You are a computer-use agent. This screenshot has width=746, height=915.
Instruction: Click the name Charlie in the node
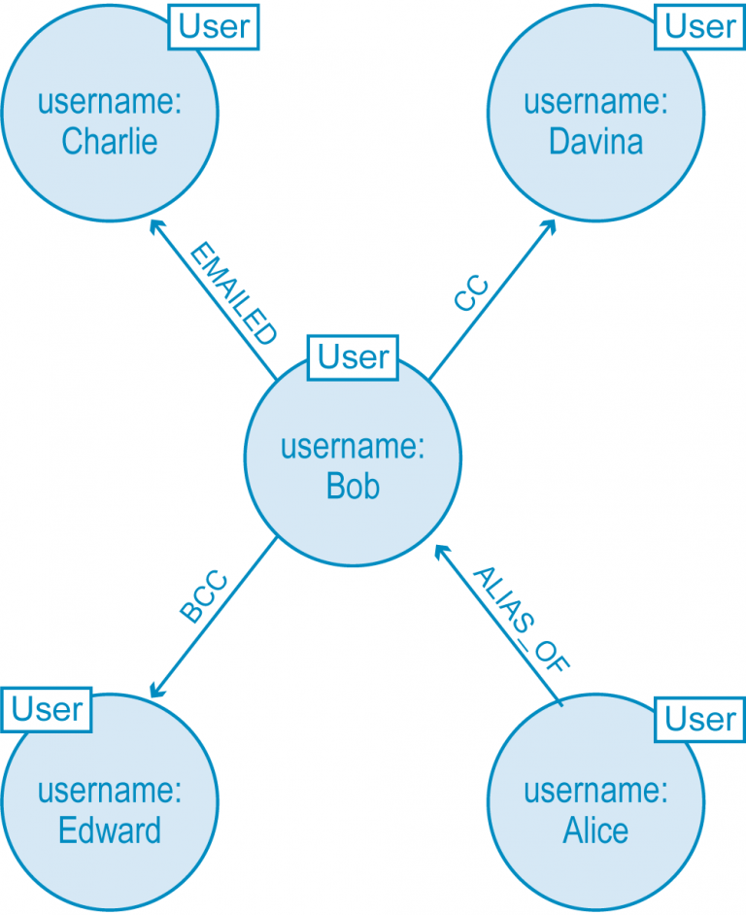tap(110, 142)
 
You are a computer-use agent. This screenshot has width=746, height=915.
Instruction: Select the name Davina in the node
tap(595, 142)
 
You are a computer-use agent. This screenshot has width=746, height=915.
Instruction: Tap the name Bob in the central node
tap(353, 486)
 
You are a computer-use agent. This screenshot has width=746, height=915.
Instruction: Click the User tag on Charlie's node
tap(214, 27)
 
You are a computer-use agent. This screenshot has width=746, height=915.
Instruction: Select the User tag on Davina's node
tap(700, 27)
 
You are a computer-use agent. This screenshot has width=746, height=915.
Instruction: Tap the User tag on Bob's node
tap(353, 357)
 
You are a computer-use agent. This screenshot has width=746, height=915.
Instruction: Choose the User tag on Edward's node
tap(47, 710)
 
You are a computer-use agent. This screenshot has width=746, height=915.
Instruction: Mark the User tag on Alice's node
tap(700, 719)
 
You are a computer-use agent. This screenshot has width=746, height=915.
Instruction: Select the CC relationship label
tap(470, 294)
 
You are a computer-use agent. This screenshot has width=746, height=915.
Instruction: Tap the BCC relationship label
tap(203, 598)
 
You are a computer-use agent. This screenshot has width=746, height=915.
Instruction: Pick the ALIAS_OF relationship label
tap(521, 618)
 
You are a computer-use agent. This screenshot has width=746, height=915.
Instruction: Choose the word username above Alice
tap(595, 791)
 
